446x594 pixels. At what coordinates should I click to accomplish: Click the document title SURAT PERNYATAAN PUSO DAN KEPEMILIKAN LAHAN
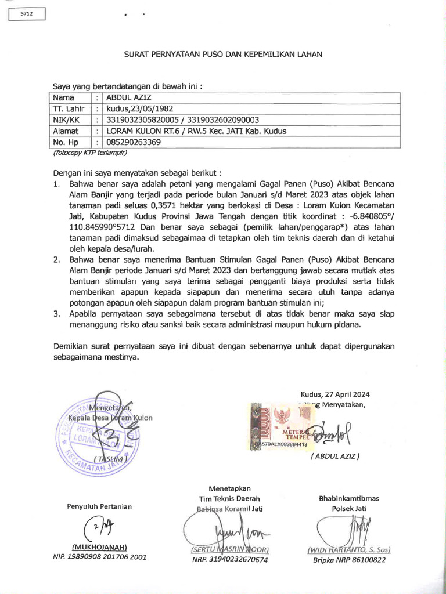tap(223, 53)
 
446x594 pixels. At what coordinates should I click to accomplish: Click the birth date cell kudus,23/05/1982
tap(139, 109)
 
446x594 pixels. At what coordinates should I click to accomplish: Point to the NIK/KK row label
tap(66, 120)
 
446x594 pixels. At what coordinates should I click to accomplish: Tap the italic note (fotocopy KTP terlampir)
tap(89, 153)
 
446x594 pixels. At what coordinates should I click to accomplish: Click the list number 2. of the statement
tap(57, 260)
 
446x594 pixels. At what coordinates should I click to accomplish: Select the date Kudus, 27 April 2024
tap(335, 394)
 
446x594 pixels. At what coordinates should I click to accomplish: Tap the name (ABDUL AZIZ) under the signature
tap(335, 456)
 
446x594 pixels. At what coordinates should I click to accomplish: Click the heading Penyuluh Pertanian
tap(99, 506)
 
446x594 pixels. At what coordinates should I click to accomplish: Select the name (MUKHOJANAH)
tap(99, 547)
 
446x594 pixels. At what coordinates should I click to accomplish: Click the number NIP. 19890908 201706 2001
tap(99, 557)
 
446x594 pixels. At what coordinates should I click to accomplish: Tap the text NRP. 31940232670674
tap(229, 560)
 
